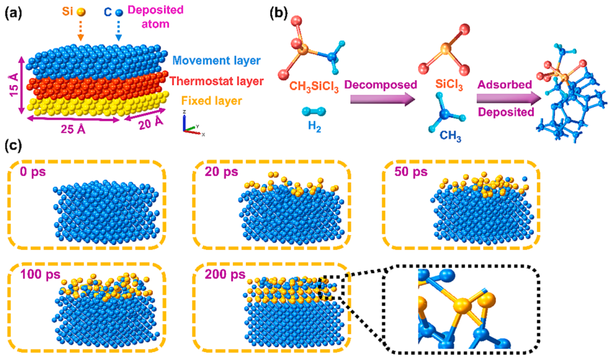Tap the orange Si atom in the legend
pos(81,12)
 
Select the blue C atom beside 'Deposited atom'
pos(119,12)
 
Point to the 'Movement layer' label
pos(217,61)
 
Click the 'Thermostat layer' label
pos(217,81)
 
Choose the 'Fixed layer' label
pos(212,101)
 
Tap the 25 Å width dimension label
pos(73,129)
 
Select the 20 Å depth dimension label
pos(151,124)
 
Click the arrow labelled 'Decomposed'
pos(382,100)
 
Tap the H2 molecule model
pos(314,112)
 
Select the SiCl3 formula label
pos(449,85)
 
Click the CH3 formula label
pos(450,136)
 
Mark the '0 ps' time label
pos(33,172)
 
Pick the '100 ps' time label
pos(40,275)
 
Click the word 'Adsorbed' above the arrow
pos(505,85)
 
